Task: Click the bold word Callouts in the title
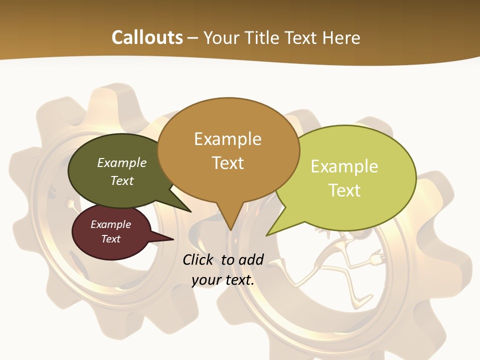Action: [147, 37]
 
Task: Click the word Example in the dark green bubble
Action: [122, 162]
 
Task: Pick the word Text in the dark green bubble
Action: [122, 180]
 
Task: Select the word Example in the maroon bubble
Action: [111, 224]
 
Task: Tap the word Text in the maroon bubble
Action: [111, 239]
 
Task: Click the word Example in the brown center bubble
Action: [228, 139]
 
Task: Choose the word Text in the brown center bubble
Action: [228, 163]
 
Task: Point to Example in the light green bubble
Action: [344, 166]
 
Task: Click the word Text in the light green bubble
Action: [344, 190]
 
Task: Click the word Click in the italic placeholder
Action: [199, 259]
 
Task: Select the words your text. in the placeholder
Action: [223, 280]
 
